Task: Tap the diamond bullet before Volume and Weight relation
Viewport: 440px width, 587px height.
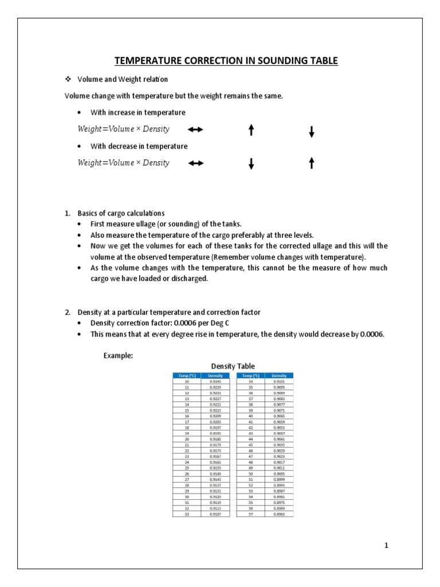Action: click(x=68, y=79)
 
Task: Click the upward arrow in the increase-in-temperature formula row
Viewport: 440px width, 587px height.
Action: click(x=251, y=131)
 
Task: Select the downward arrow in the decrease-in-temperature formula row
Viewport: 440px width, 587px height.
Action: click(x=251, y=164)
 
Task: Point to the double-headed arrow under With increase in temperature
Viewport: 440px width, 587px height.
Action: click(x=196, y=130)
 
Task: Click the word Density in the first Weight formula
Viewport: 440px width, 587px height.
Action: click(x=156, y=129)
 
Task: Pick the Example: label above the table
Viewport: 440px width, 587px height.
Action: click(x=118, y=355)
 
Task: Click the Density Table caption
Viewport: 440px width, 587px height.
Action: click(x=233, y=366)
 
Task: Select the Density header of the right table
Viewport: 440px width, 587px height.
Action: click(x=278, y=375)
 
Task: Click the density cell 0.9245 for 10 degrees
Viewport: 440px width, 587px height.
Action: click(x=215, y=381)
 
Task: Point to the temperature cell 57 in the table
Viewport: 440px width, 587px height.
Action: click(x=250, y=514)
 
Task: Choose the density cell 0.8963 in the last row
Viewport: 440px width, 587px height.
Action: click(x=278, y=514)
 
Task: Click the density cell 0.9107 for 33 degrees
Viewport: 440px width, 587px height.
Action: click(x=215, y=514)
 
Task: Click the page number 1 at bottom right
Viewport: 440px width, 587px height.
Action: click(x=386, y=546)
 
